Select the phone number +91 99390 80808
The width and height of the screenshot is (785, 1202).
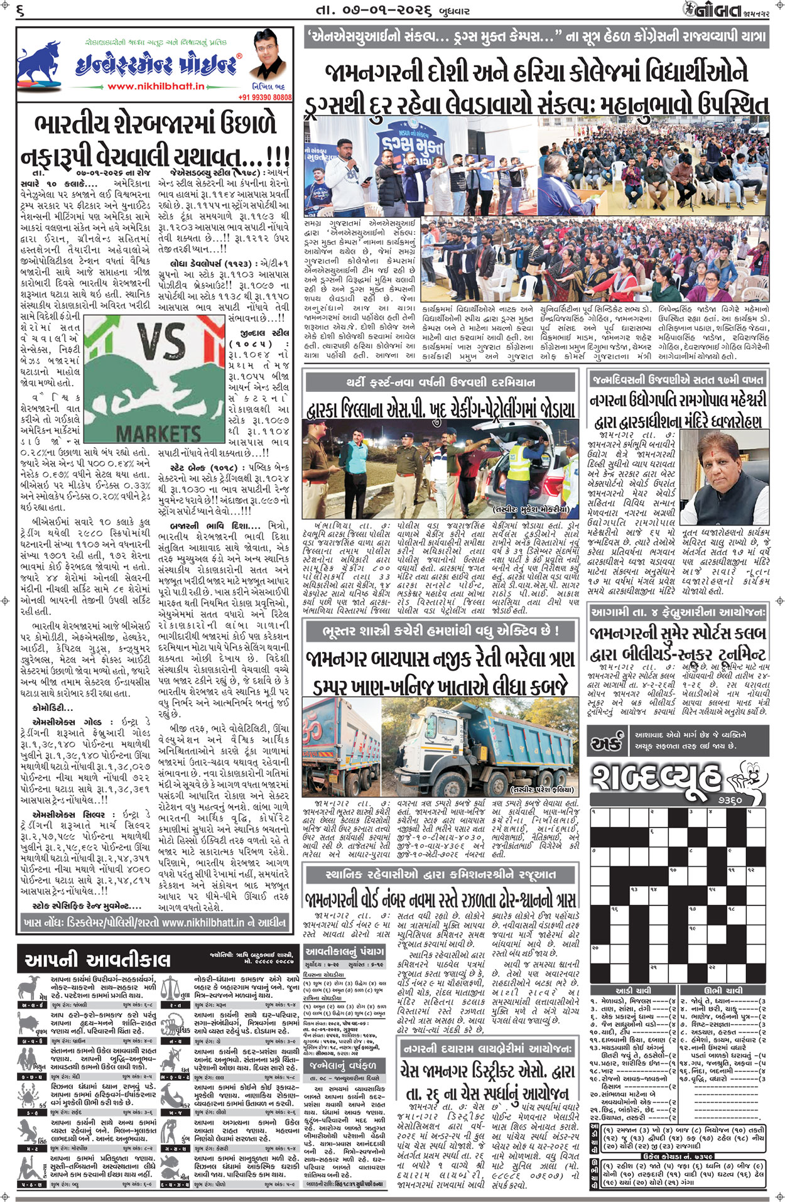coord(265,97)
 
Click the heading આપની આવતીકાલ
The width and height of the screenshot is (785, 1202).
coord(97,960)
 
